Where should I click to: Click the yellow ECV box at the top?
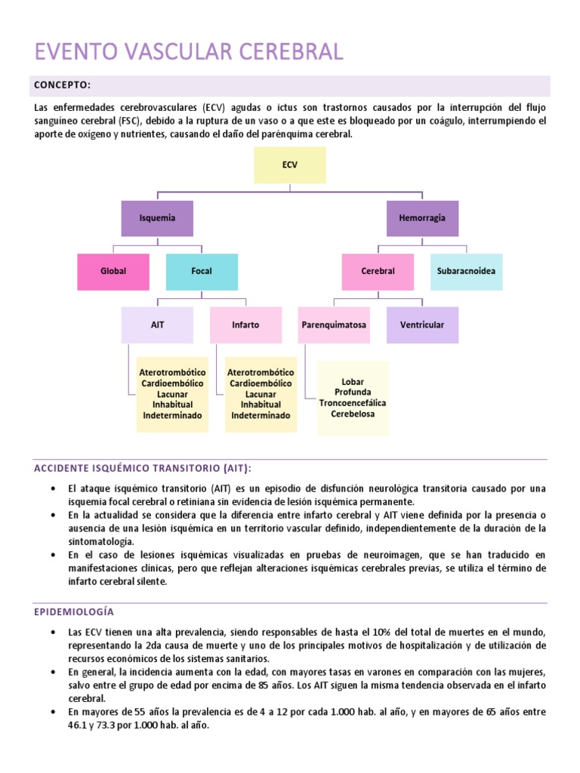click(x=290, y=165)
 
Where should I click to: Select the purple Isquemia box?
click(x=157, y=218)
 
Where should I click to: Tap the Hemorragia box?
click(x=422, y=218)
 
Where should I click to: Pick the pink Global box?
click(x=113, y=272)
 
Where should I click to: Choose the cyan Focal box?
click(x=202, y=272)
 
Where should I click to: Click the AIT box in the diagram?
click(x=157, y=325)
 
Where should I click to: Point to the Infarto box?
click(x=245, y=325)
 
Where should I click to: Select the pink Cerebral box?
click(x=378, y=272)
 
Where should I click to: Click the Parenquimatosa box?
click(x=334, y=325)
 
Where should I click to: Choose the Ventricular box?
click(x=422, y=325)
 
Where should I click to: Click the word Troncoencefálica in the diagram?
click(x=353, y=403)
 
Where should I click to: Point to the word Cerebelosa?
click(x=353, y=414)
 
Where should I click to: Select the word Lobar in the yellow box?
click(x=353, y=382)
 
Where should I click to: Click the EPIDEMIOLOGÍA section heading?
click(x=74, y=611)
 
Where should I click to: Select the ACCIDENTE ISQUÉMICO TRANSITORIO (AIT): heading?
click(x=143, y=468)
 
